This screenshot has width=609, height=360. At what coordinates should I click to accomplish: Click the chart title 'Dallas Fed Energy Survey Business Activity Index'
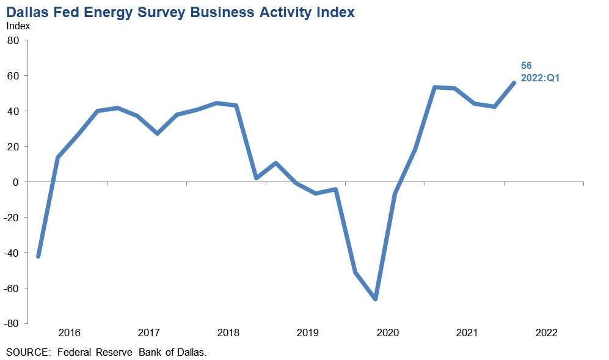(180, 13)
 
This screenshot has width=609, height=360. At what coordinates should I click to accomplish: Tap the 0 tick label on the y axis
(17, 182)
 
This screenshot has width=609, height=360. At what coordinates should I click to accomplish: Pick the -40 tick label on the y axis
(13, 253)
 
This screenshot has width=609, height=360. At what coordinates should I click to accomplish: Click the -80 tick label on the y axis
(13, 323)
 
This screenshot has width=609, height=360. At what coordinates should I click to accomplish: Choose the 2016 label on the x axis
(70, 333)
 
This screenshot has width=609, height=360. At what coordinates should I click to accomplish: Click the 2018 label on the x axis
(228, 333)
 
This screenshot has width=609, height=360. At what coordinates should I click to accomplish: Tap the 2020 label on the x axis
(387, 333)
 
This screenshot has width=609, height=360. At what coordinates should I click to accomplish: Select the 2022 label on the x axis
(546, 333)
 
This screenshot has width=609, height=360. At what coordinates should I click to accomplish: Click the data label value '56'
(527, 66)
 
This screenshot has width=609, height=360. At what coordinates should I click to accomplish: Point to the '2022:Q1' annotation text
(540, 78)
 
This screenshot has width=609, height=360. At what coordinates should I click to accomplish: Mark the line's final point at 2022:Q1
(514, 83)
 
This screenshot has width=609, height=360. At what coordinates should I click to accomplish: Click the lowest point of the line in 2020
(375, 299)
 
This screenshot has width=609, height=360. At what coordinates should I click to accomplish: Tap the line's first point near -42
(38, 256)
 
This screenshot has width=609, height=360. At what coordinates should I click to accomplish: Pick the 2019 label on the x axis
(308, 333)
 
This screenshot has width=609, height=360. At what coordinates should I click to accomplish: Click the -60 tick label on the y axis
(13, 288)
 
